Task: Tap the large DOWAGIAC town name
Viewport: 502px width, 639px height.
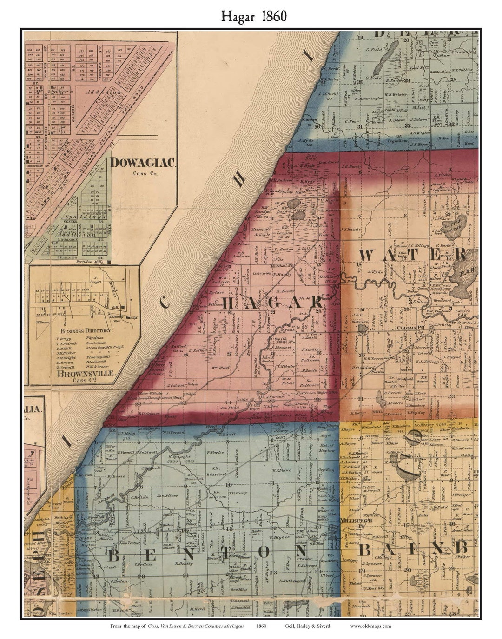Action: (x=143, y=163)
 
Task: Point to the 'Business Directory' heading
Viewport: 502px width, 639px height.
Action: (x=86, y=330)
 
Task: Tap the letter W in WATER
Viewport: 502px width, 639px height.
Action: (x=367, y=255)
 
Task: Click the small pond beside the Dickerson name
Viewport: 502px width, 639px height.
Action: (x=362, y=329)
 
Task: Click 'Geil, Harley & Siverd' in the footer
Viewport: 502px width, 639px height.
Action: (x=307, y=626)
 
